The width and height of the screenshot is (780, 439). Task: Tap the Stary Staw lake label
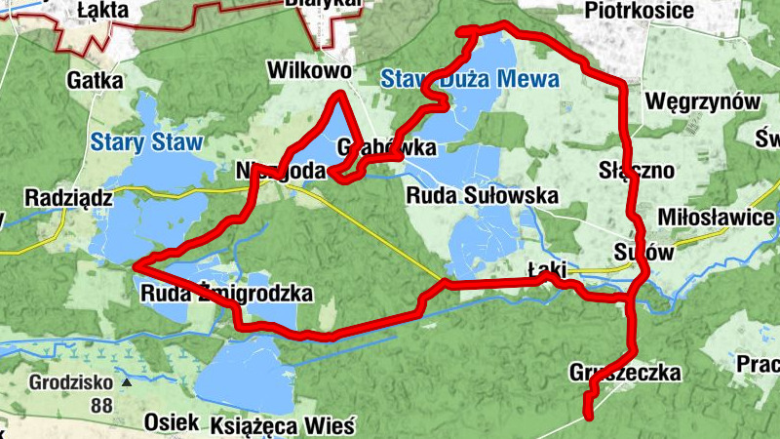point(146,142)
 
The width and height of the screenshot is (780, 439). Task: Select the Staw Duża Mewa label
point(470,79)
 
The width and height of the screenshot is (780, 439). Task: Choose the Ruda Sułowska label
point(482,195)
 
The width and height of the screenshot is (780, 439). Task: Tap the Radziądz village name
point(57,196)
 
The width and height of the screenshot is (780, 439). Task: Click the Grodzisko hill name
point(65,381)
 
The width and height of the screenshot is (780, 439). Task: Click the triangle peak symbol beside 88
point(126,383)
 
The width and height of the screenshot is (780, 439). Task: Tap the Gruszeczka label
point(624,373)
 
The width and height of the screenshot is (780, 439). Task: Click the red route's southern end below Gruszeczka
point(589,417)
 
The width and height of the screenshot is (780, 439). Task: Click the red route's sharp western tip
point(135,264)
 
